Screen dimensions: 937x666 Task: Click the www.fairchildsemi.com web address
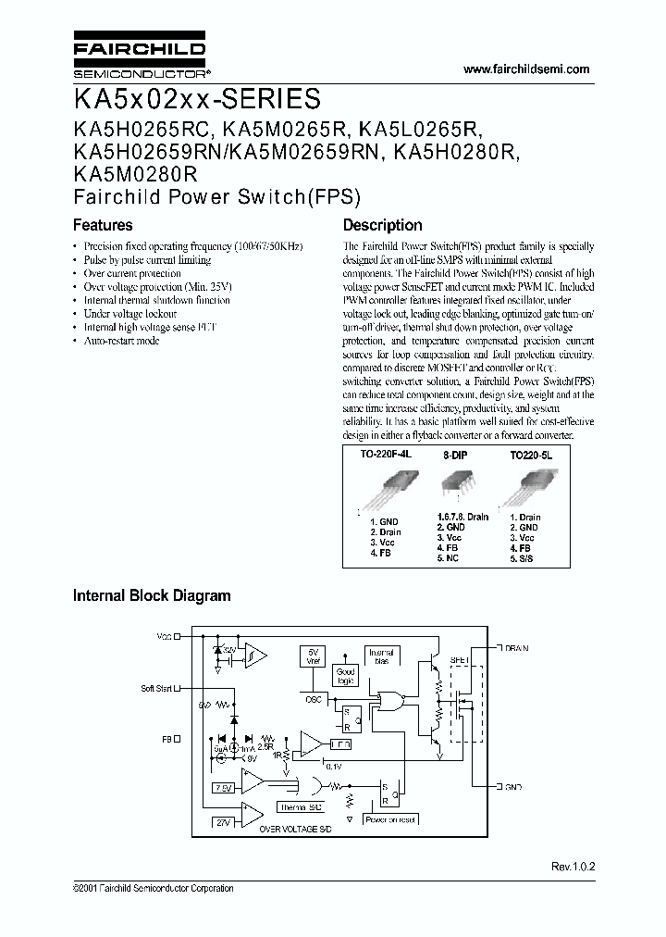tap(524, 69)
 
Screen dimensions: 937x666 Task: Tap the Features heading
tap(103, 225)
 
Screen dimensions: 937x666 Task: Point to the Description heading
tap(382, 225)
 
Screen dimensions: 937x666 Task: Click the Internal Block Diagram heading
tap(152, 596)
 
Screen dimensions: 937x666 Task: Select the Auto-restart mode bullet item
tap(121, 341)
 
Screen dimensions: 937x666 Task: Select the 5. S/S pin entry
tap(522, 558)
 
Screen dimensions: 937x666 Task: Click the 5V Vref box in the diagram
tap(314, 656)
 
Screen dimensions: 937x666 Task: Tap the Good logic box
tap(345, 676)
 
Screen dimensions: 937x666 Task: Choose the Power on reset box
tap(389, 819)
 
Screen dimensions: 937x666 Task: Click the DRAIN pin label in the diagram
tap(516, 648)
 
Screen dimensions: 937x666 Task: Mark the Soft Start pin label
tap(156, 688)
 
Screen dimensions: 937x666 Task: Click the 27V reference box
tap(224, 822)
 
